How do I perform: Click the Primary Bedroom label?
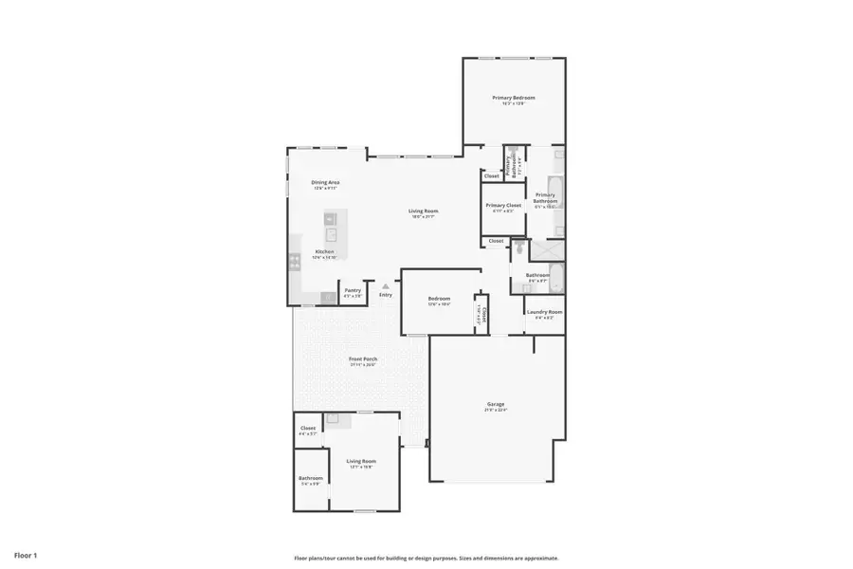tap(513, 99)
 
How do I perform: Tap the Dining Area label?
tap(325, 183)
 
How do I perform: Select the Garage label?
tap(497, 404)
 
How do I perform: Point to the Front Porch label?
tap(362, 359)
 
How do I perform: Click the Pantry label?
tap(352, 291)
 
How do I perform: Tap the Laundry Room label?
tap(544, 312)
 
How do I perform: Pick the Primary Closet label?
tap(502, 206)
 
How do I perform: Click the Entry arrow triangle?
tap(385, 285)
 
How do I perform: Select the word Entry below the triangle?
tap(385, 295)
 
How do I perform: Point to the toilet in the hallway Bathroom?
tap(518, 250)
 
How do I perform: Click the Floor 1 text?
tap(26, 554)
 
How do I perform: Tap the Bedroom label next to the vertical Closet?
tap(438, 300)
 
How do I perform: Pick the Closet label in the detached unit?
tap(308, 429)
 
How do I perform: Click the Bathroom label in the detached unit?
tap(311, 479)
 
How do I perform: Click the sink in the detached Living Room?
tap(333, 417)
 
